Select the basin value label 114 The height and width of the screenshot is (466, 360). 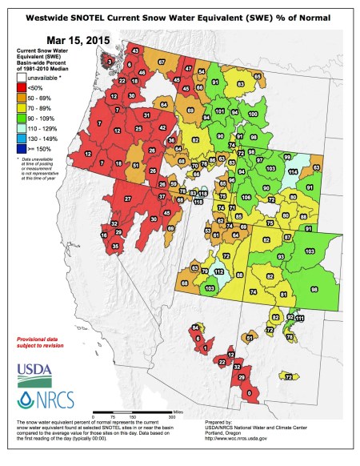tap(292, 172)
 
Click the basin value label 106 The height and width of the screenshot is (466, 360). tap(246, 197)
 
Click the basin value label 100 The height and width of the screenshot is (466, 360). tap(252, 114)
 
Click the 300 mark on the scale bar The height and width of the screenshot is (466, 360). tap(170, 418)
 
